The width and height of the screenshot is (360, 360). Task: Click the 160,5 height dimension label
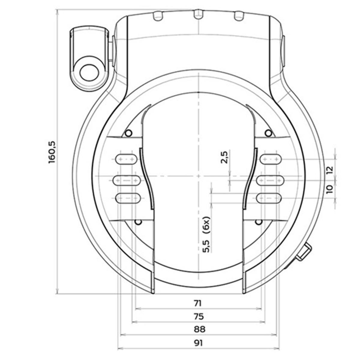[x=52, y=152]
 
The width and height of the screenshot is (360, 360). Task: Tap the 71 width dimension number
[x=198, y=303]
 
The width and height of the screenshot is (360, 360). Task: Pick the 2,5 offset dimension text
[x=224, y=157]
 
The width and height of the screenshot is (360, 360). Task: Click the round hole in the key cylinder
[x=89, y=73]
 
